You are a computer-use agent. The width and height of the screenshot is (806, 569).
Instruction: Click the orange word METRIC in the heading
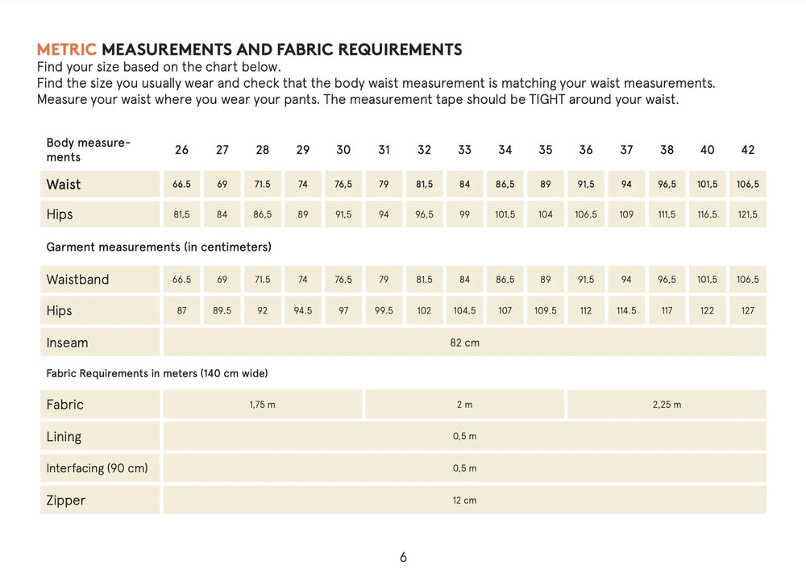point(67,50)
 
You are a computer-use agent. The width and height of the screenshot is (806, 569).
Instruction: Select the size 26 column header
point(181,150)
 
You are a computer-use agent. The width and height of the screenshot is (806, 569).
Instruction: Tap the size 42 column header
point(748,150)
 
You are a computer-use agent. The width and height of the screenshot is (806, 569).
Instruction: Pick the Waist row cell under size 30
point(343,184)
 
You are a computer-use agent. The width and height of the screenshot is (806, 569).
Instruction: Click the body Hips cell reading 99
point(464,214)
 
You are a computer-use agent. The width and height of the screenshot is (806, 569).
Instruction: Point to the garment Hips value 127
point(748,310)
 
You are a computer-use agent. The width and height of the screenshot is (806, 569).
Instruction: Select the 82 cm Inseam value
point(464,343)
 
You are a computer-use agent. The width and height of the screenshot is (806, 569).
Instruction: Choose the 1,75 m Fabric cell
point(262,405)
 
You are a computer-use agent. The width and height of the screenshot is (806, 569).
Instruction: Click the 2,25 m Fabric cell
point(667,405)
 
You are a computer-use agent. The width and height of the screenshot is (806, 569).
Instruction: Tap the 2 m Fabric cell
point(464,405)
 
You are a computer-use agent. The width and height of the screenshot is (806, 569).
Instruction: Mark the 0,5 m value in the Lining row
point(464,436)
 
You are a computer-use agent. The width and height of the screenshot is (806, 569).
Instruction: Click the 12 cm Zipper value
point(464,500)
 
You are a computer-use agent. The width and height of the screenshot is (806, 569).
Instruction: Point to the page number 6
point(403,557)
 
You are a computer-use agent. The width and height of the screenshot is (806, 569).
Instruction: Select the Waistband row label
point(77,280)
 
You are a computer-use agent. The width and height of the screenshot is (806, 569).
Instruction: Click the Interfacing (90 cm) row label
point(97,468)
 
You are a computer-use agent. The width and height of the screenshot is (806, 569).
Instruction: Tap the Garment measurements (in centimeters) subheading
point(158,247)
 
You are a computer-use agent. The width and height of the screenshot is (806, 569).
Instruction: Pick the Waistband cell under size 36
point(586,280)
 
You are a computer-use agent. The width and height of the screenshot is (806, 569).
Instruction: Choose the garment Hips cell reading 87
point(181,310)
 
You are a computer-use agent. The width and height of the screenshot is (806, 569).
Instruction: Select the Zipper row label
point(65,500)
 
